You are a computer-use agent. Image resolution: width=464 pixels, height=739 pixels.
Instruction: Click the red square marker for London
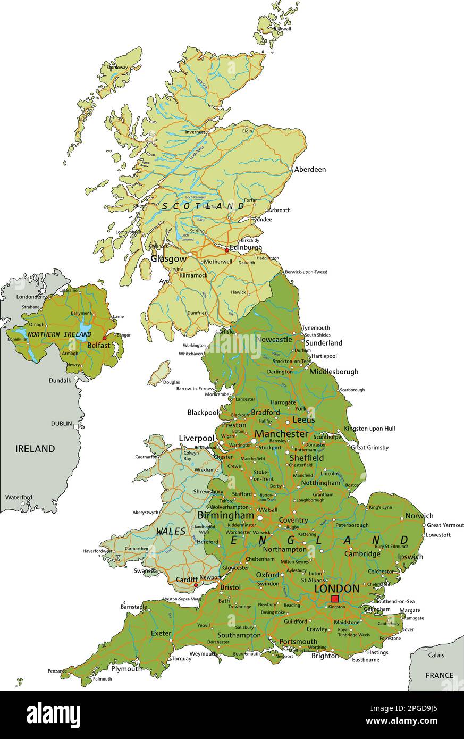click(x=334, y=599)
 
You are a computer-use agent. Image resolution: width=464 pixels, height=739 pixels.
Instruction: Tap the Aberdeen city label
click(x=310, y=170)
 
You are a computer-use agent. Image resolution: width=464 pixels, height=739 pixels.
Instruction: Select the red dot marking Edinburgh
click(x=227, y=250)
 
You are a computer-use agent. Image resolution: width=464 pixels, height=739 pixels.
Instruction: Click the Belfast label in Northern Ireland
click(x=99, y=345)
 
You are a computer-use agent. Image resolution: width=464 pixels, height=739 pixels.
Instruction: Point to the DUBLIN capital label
click(x=62, y=423)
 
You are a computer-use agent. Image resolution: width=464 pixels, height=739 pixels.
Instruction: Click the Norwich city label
click(x=419, y=516)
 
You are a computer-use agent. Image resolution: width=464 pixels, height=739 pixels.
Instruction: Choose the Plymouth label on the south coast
click(x=126, y=669)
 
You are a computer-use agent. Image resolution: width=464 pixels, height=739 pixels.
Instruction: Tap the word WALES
click(x=171, y=531)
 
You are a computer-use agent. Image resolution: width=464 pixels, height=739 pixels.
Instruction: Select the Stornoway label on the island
click(x=117, y=68)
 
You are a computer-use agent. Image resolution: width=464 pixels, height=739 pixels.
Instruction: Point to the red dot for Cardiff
click(x=196, y=585)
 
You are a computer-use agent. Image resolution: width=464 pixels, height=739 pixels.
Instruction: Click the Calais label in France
click(x=436, y=655)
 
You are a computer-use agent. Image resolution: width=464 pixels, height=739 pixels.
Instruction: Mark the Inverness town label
click(x=195, y=132)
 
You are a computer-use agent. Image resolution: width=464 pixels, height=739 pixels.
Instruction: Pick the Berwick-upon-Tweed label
click(x=306, y=272)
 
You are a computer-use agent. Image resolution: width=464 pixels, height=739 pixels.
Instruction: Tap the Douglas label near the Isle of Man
click(x=171, y=382)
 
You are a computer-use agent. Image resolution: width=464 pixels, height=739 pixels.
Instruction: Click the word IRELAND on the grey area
click(x=35, y=449)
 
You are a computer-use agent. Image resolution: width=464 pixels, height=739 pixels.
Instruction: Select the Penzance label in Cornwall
click(x=57, y=671)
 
